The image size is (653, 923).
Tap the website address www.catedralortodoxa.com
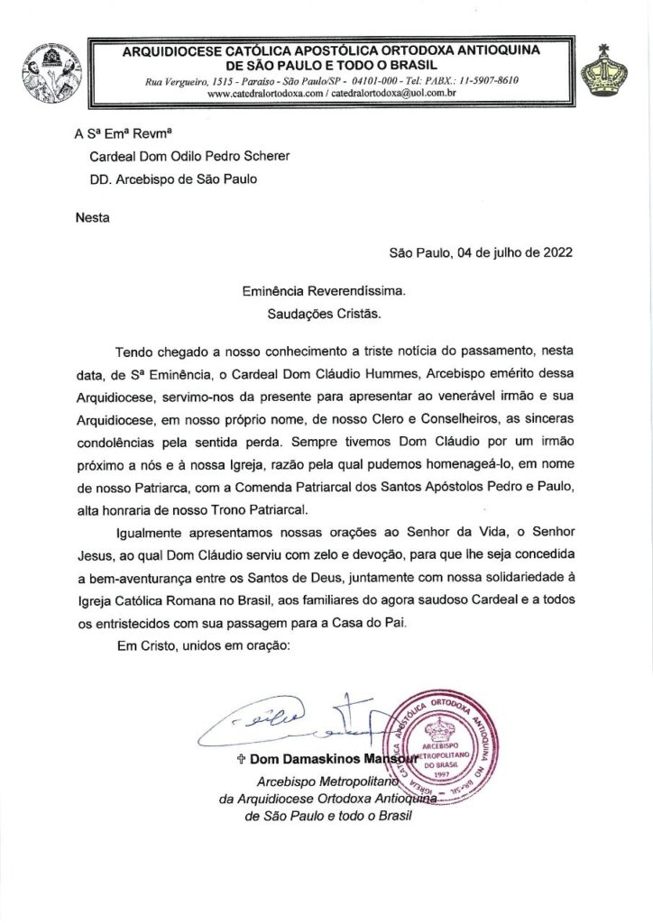coord(262,93)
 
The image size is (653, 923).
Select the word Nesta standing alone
coord(92,216)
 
